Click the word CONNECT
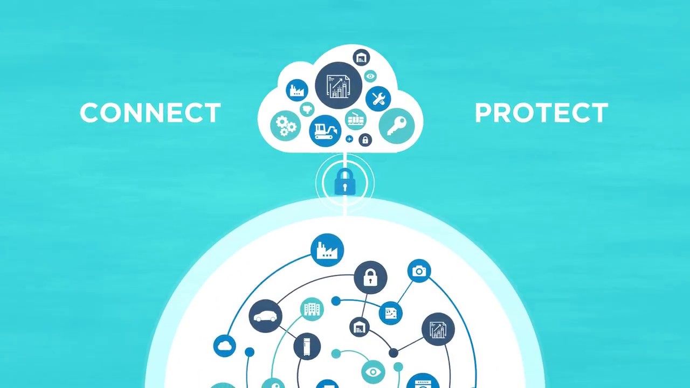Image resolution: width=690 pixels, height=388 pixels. click(150, 113)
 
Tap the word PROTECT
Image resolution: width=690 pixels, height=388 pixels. click(542, 113)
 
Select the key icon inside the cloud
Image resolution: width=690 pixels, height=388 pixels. click(397, 126)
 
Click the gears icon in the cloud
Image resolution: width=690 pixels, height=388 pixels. click(286, 126)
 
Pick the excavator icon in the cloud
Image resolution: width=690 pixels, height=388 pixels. click(325, 131)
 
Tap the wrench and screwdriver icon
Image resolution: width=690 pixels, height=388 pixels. click(378, 99)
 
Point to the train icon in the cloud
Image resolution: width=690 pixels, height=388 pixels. click(356, 119)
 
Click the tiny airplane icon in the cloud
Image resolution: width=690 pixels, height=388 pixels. click(349, 139)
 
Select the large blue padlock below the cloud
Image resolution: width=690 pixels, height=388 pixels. click(345, 182)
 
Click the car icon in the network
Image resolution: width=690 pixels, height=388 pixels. click(266, 316)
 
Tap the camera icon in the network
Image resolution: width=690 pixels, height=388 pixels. click(419, 271)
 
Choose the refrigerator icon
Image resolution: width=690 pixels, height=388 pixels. click(307, 347)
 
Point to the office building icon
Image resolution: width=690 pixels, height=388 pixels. click(312, 309)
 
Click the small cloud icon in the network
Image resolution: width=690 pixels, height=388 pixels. click(225, 346)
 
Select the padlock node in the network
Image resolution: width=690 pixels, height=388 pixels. click(370, 278)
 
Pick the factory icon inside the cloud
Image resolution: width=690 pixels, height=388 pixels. click(297, 90)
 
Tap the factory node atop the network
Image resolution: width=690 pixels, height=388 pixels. click(327, 250)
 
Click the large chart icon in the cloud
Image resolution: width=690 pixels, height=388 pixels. click(339, 85)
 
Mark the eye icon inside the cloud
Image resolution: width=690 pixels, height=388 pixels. click(370, 76)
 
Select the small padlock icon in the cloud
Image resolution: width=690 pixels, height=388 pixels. click(365, 140)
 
